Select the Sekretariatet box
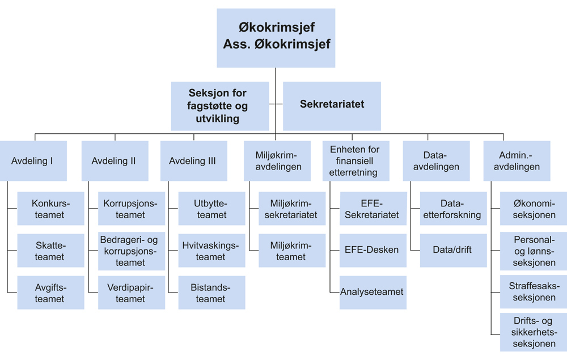332,105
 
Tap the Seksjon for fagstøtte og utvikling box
220,105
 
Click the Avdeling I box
33,160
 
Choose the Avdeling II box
113,160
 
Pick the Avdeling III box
193,160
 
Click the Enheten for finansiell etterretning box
355,160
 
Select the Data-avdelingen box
436,160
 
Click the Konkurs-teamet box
50,209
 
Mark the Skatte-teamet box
50,251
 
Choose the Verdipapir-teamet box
132,293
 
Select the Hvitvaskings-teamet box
211,251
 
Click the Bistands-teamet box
211,293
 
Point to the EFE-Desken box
373,250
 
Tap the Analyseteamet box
373,292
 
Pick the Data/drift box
453,250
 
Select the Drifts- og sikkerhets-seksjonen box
533,332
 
